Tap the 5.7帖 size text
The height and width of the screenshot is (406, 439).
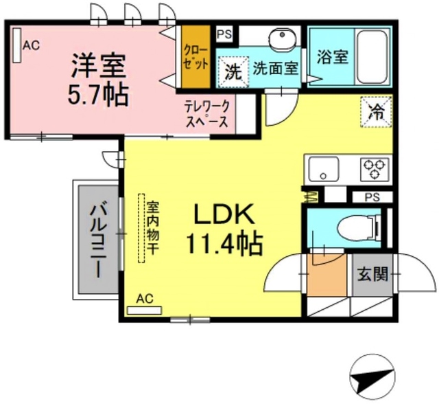click(x=97, y=94)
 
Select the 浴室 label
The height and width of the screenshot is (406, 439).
click(x=332, y=58)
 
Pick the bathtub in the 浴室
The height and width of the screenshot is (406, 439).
click(x=371, y=56)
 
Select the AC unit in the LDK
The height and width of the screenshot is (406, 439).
click(x=145, y=308)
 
